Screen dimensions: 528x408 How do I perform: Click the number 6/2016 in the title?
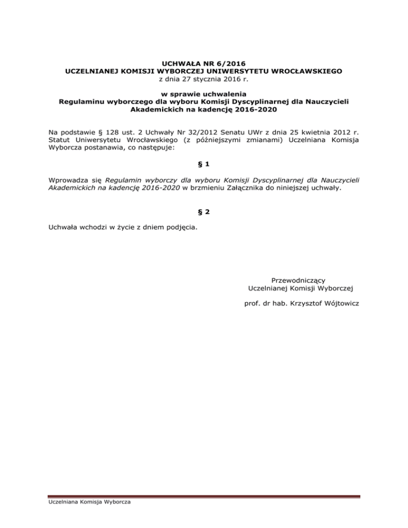(223, 62)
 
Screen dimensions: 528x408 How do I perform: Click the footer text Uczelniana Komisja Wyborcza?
(83, 502)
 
